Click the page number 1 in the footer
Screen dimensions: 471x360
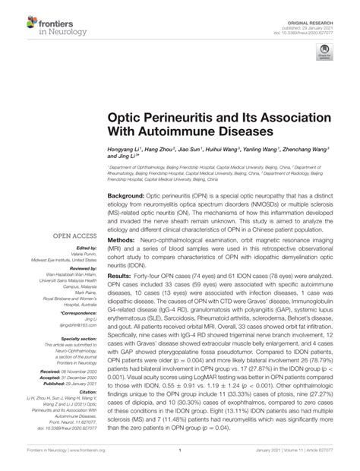tap(180, 459)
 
